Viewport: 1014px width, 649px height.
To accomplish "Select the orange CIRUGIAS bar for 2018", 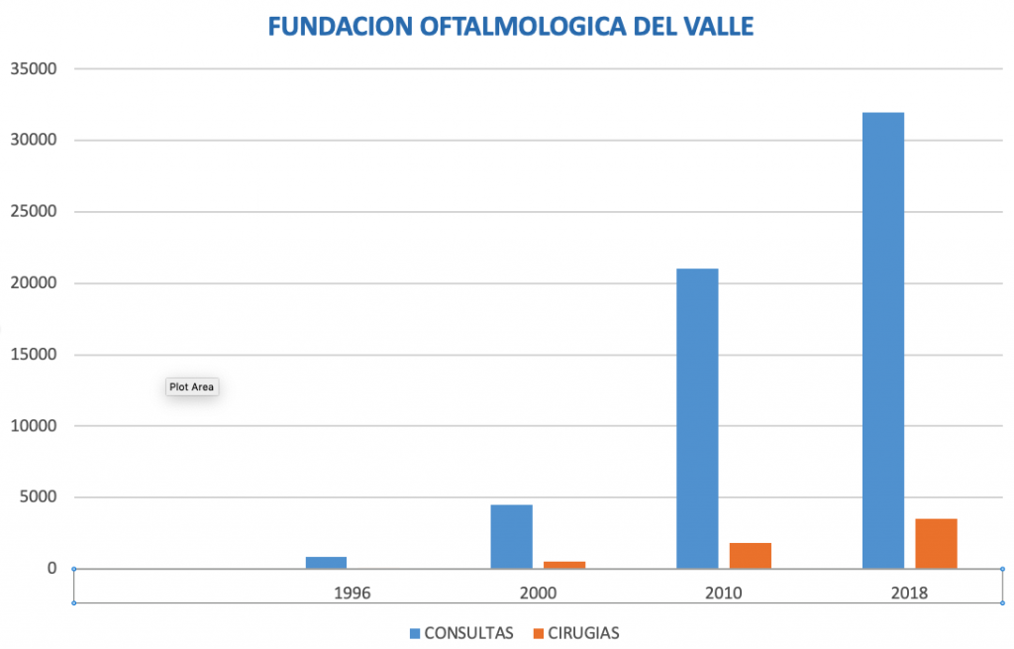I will (x=936, y=543).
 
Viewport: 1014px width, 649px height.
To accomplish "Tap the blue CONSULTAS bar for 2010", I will (x=697, y=418).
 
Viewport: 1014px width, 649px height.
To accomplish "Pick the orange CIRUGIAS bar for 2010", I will (x=751, y=555).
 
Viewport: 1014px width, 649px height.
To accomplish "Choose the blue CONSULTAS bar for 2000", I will (x=511, y=536).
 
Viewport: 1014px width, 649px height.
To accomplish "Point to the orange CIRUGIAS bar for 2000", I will (x=564, y=565).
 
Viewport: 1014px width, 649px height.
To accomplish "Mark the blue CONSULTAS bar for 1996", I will (x=326, y=562).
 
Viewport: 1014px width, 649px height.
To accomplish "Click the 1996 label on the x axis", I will (x=353, y=594).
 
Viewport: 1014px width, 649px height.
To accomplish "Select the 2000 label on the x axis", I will (x=538, y=594).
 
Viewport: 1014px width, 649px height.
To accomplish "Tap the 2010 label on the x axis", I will (x=724, y=594).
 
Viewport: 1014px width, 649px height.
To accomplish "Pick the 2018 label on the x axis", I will (x=909, y=594).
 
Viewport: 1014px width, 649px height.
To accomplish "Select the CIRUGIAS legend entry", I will (x=583, y=632).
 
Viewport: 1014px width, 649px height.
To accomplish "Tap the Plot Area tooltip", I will (x=191, y=387).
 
